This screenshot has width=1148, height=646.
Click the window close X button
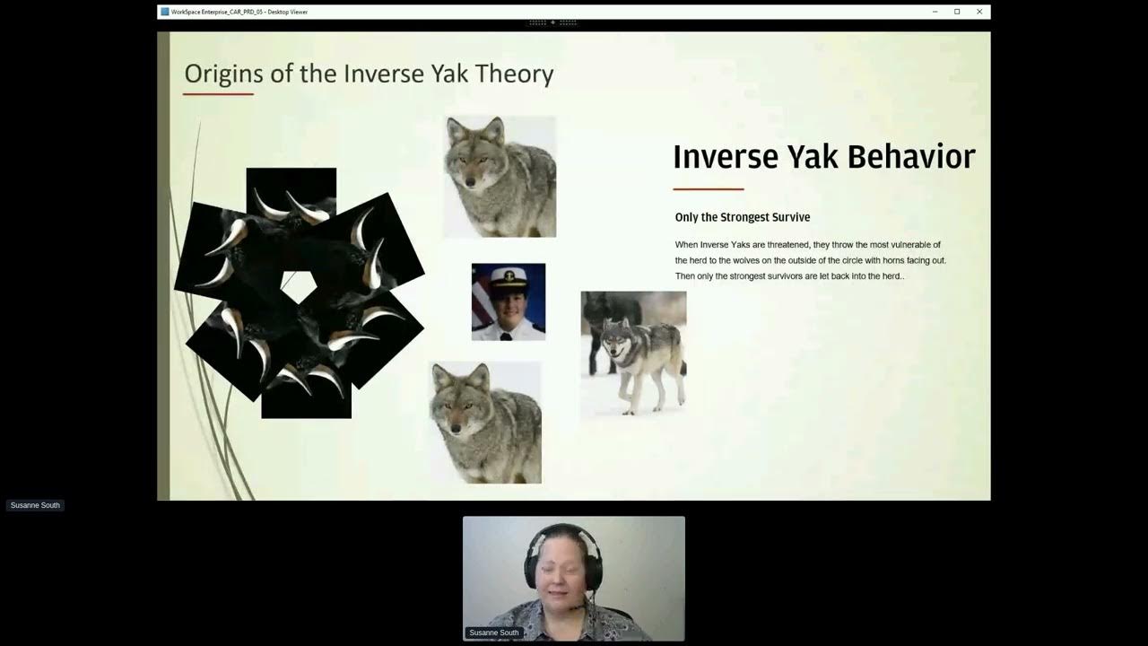[x=979, y=12]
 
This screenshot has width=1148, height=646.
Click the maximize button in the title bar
[x=957, y=12]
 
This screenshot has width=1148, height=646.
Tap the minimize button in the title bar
[x=935, y=12]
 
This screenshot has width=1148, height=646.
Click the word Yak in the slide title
[x=449, y=74]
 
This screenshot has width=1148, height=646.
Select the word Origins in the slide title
[x=224, y=74]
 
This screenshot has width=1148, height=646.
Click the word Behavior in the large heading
[x=911, y=157]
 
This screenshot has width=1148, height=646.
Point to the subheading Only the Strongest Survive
[x=742, y=217]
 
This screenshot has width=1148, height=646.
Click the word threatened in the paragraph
[x=787, y=245]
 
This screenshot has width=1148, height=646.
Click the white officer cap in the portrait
[x=509, y=277]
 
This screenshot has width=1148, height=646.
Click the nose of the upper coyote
[x=470, y=182]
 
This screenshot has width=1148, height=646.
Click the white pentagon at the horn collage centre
[x=299, y=286]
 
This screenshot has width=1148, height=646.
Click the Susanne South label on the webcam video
[x=494, y=633]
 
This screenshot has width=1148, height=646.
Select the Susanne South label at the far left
[x=35, y=505]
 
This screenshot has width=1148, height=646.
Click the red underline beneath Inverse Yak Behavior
[x=709, y=189]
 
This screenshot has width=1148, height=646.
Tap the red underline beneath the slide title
[x=218, y=94]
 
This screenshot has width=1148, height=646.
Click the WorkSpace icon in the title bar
[x=164, y=12]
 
